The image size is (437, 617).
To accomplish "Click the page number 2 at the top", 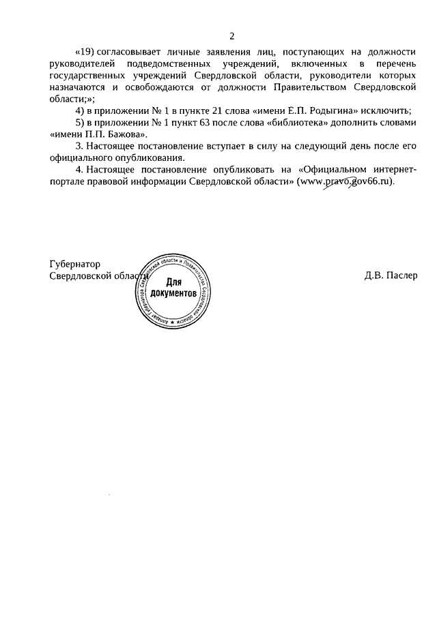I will point(231,36).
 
